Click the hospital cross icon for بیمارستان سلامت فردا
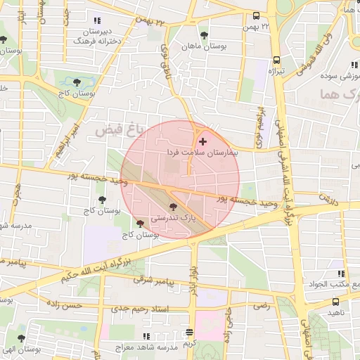204,142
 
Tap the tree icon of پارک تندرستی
174,207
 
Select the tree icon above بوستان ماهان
204,34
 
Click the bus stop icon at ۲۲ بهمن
256,15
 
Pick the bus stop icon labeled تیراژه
277,60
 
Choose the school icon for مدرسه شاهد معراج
146,337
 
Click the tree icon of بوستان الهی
20,338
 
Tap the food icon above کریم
189,332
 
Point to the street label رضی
262,307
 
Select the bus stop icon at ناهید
335,302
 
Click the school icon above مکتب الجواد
341,274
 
